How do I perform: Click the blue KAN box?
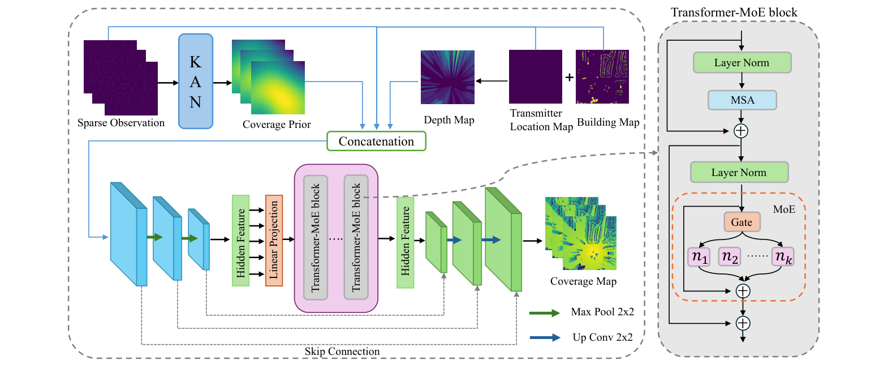196,82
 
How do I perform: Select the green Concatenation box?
376,141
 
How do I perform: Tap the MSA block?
742,100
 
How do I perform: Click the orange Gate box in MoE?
742,222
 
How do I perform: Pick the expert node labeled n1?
699,257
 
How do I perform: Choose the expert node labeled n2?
730,257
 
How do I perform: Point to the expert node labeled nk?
783,257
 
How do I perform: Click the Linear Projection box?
274,241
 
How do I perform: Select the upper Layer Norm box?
742,63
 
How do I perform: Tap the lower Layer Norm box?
739,172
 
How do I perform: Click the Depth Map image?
447,77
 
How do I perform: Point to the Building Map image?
602,77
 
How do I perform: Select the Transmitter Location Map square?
536,77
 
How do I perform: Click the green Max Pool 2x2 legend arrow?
545,312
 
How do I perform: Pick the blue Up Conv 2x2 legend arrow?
545,337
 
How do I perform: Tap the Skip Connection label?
342,352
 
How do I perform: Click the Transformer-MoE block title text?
734,12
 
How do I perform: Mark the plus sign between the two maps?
569,78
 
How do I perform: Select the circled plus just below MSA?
741,131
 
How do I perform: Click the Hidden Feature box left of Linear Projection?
241,241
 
